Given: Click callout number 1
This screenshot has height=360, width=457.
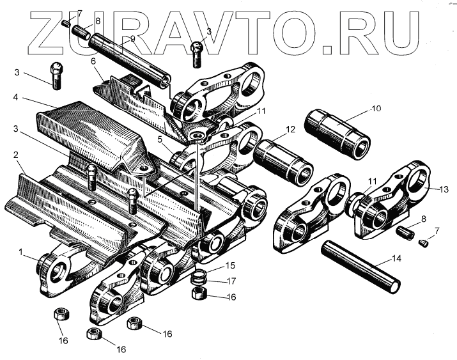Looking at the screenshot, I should [x=22, y=253].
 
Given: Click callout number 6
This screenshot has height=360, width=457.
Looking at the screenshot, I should [x=93, y=61].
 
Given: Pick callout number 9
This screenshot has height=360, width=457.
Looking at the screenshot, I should [x=132, y=38].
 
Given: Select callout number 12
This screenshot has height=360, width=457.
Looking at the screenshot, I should [x=291, y=130].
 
